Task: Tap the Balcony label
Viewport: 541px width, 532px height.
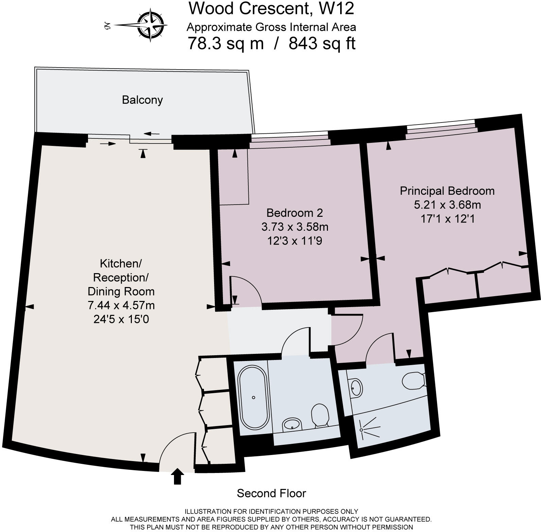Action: coord(142,100)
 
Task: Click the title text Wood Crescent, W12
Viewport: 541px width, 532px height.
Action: coord(271,8)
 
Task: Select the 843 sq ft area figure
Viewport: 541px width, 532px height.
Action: coord(322,43)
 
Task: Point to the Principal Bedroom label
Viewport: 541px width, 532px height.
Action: coord(447,191)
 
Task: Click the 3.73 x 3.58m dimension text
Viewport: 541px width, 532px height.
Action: coord(295,227)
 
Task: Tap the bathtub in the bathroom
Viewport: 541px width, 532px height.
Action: coord(254,397)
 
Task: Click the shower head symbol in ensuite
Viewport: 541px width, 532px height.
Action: coord(362,430)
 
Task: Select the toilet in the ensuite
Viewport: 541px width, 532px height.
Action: coord(413,381)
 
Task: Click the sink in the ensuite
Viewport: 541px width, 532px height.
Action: coord(356,387)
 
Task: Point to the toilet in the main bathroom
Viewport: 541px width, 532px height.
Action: coord(320,414)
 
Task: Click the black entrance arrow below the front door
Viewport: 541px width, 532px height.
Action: coord(177,476)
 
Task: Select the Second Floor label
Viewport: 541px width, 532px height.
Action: coord(271,493)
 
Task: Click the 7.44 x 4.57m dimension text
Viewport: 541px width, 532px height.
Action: coord(121,305)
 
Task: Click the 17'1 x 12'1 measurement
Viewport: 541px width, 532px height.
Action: coord(447,219)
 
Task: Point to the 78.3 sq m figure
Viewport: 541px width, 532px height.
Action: coord(225,43)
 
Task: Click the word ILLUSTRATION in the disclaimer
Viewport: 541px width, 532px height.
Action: coord(208,511)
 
